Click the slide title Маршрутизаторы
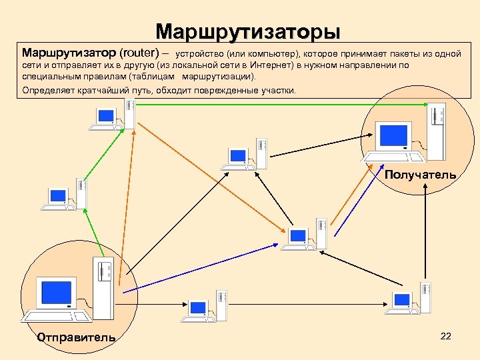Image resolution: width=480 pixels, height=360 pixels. [248, 32]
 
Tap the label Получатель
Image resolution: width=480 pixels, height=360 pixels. [420, 175]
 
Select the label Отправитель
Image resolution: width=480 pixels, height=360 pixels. [76, 337]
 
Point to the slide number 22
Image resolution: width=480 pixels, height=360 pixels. [446, 336]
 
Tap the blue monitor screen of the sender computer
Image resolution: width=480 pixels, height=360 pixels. [57, 292]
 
